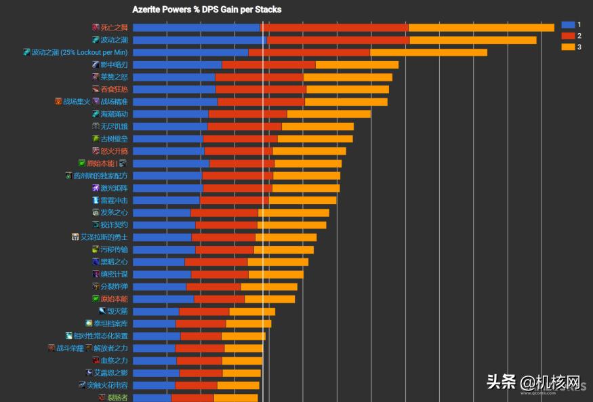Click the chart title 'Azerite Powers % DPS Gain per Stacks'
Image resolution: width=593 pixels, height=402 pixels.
tap(207, 9)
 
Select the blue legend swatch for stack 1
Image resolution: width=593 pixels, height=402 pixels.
tap(568, 24)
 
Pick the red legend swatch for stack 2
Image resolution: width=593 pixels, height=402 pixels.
tap(568, 35)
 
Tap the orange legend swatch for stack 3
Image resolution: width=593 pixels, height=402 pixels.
tap(568, 47)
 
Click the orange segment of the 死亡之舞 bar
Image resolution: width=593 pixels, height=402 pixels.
tap(481, 28)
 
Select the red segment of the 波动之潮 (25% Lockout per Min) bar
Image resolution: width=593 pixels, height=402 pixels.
tap(309, 52)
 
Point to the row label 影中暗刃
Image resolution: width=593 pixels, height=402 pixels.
tap(114, 64)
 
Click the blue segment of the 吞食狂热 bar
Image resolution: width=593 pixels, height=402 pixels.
tap(174, 89)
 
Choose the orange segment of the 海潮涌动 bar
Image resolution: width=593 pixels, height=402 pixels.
tap(329, 114)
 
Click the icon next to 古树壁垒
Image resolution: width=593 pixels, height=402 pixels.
tap(96, 138)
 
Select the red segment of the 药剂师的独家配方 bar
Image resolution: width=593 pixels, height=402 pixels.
tap(237, 176)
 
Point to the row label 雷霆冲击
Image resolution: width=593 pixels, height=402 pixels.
tap(114, 200)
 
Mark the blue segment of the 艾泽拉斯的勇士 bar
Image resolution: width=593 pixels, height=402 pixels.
tap(162, 237)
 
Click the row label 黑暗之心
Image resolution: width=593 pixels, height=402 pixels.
tap(114, 262)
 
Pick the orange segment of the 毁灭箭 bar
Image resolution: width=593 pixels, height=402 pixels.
tap(252, 311)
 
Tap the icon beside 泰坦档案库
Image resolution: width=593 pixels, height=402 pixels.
tap(89, 323)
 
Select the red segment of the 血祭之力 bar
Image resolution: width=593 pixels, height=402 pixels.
tap(199, 361)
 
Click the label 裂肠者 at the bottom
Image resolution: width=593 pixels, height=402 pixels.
tap(117, 397)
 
